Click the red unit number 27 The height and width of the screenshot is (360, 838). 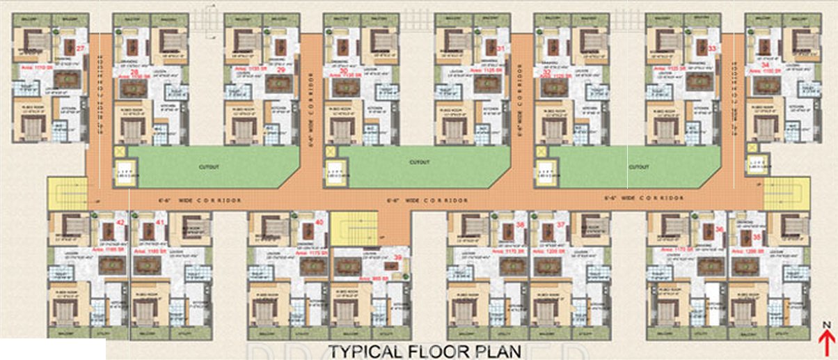[81, 48]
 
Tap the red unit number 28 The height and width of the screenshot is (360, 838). [134, 72]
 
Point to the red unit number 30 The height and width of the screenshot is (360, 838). [344, 72]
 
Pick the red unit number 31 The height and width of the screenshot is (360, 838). [500, 48]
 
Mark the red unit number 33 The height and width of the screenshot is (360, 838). [711, 48]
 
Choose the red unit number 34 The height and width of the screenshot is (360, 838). [765, 63]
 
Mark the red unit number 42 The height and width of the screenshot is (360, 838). [120, 223]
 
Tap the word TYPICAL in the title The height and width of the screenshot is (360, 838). [367, 350]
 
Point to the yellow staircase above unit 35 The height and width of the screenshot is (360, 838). [786, 194]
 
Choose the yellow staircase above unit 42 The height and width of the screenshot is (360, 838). [67, 194]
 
